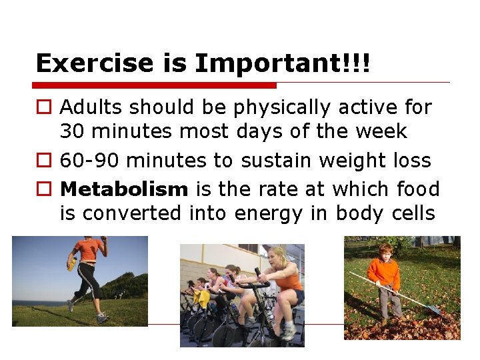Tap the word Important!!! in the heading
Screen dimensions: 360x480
click(282, 63)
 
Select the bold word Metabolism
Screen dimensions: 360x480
click(124, 189)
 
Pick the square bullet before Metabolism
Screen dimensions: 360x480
click(43, 190)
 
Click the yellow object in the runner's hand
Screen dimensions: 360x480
click(71, 263)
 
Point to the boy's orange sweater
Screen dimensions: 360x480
click(385, 273)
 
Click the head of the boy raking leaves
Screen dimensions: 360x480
click(385, 251)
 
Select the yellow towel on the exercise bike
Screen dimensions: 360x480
click(201, 298)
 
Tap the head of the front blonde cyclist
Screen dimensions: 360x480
click(276, 255)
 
